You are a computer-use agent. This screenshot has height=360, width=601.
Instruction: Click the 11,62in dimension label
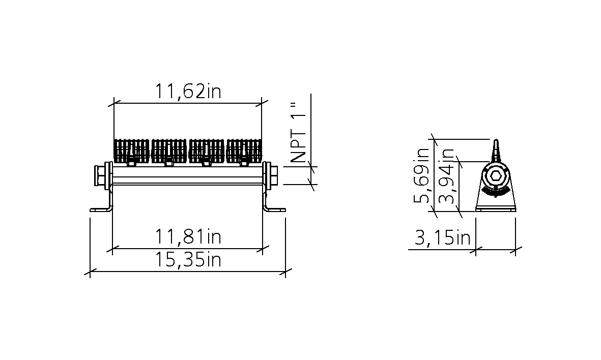coord(188,92)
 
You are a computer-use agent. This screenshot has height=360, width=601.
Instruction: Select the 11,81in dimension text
coord(188,236)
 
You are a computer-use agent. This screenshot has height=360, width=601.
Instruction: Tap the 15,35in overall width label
coord(188,260)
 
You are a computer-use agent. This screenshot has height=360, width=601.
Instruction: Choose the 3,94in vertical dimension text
coord(446,175)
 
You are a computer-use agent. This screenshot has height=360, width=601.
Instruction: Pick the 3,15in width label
coord(442,238)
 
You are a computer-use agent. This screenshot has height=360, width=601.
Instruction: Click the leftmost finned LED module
coord(131,151)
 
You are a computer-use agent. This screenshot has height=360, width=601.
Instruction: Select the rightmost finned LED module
coord(244,151)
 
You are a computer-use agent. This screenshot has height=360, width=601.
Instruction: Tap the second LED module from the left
coord(169,151)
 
